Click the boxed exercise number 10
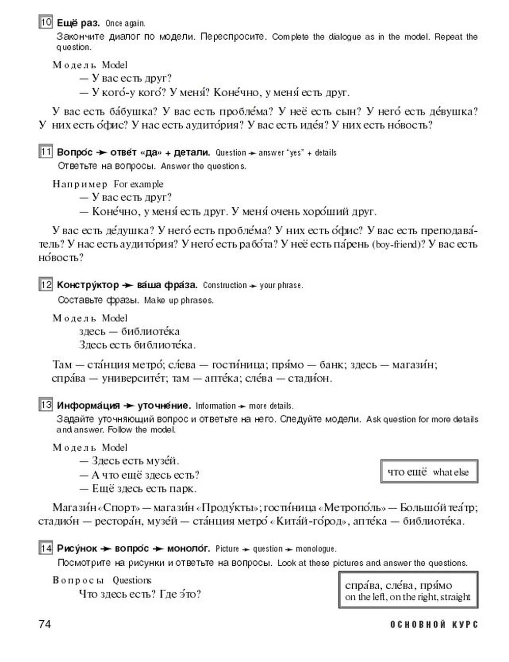click(46, 22)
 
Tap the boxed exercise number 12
click(46, 285)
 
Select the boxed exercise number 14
click(46, 548)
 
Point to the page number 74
click(45, 624)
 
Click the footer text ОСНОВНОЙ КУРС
click(434, 624)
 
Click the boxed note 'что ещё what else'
click(429, 472)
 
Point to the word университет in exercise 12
click(134, 378)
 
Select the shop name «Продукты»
click(229, 508)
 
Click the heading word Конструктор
click(88, 285)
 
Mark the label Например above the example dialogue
click(80, 184)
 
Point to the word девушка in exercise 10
click(447, 112)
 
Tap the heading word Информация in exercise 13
click(88, 405)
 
